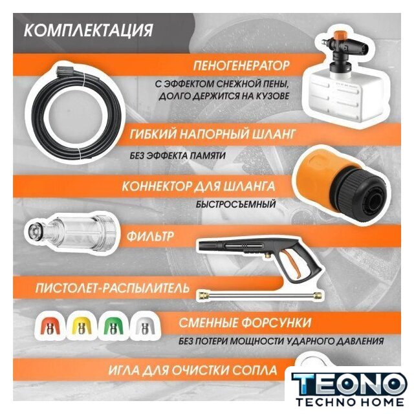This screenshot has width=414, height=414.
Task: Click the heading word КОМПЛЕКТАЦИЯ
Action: point(89,30)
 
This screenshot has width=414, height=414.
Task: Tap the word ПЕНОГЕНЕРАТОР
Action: point(241,65)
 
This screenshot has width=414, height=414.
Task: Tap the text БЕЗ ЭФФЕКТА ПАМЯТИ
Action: point(177,155)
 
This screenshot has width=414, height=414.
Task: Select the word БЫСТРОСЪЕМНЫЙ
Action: point(235,204)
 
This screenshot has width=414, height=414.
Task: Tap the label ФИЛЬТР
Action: point(150,236)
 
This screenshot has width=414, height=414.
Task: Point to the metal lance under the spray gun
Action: point(260,295)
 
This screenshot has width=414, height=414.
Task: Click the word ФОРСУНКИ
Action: point(276,323)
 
